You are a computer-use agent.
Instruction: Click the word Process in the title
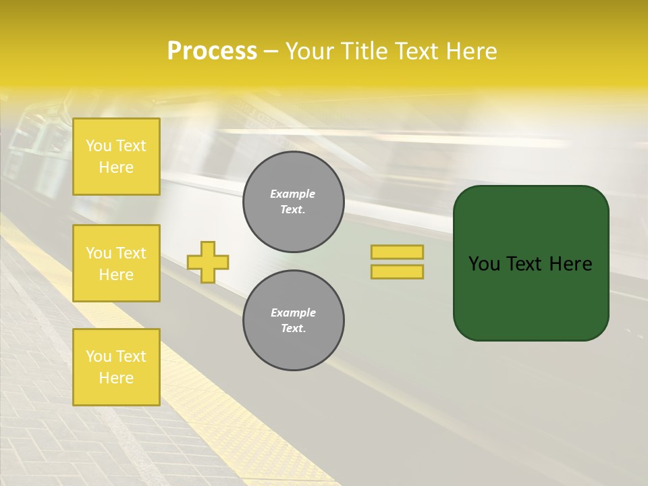pos(212,51)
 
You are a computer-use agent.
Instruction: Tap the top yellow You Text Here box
pos(116,157)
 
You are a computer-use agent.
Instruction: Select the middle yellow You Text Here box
pos(116,263)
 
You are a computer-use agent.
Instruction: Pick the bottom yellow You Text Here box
pos(116,367)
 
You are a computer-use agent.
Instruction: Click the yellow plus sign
pos(208,262)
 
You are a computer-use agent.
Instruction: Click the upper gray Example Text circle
pos(294,202)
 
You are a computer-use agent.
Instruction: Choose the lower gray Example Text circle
pos(294,321)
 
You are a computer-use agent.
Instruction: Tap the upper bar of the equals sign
pos(397,252)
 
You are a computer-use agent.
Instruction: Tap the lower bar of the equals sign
pos(397,271)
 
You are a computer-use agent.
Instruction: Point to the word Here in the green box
pos(570,264)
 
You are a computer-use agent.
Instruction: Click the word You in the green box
pos(485,264)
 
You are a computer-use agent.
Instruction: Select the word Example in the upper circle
pos(293,194)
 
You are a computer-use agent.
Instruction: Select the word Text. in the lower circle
pos(294,329)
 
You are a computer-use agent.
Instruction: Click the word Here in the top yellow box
pos(116,167)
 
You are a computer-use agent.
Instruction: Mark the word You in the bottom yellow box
pos(99,356)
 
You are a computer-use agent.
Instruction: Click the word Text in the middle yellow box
pos(131,253)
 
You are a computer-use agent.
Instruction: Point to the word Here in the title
pos(470,51)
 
